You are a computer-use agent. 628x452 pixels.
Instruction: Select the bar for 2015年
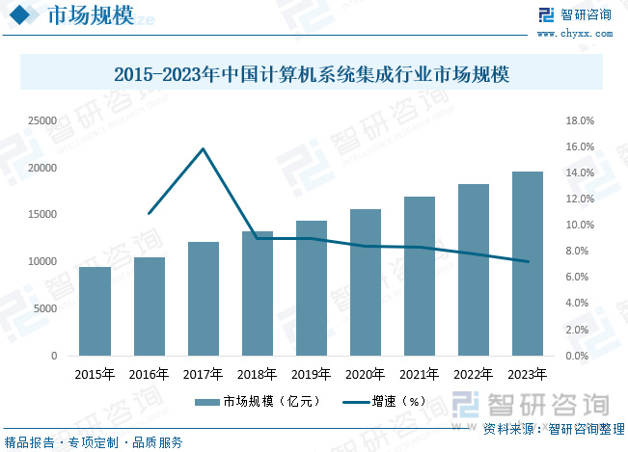pyautogui.click(x=95, y=311)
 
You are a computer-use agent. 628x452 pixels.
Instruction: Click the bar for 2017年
pyautogui.click(x=203, y=299)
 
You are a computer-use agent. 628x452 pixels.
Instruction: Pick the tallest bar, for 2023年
pyautogui.click(x=528, y=263)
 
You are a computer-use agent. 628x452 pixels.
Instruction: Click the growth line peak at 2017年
pyautogui.click(x=203, y=148)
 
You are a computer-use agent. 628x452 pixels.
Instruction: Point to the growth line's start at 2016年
pyautogui.click(x=149, y=213)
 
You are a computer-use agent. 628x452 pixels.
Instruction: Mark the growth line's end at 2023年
pyautogui.click(x=528, y=261)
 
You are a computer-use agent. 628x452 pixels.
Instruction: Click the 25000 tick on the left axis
pyautogui.click(x=41, y=121)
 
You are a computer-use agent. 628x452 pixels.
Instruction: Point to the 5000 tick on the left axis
pyautogui.click(x=44, y=308)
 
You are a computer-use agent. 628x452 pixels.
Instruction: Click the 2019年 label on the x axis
pyautogui.click(x=311, y=374)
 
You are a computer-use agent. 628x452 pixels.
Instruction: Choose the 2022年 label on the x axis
pyautogui.click(x=474, y=374)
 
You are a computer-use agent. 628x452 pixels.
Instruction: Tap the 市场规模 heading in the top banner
pyautogui.click(x=77, y=15)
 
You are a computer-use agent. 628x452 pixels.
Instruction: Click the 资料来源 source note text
pyautogui.click(x=553, y=428)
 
